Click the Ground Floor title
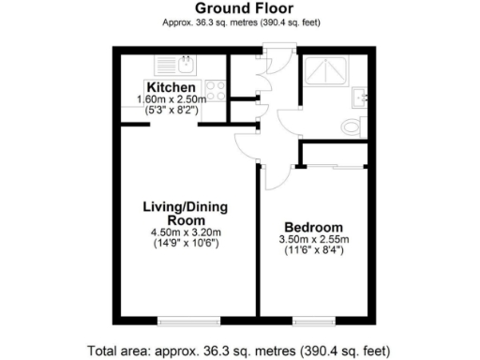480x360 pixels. tap(239, 8)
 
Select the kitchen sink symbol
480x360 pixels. tap(185, 67)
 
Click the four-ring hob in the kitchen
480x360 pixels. tap(215, 92)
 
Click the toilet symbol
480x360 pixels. tap(354, 126)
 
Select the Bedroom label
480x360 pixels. tap(313, 228)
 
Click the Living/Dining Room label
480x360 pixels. tap(186, 213)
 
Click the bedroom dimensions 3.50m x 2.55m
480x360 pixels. tap(313, 240)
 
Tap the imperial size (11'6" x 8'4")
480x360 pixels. tap(313, 251)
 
